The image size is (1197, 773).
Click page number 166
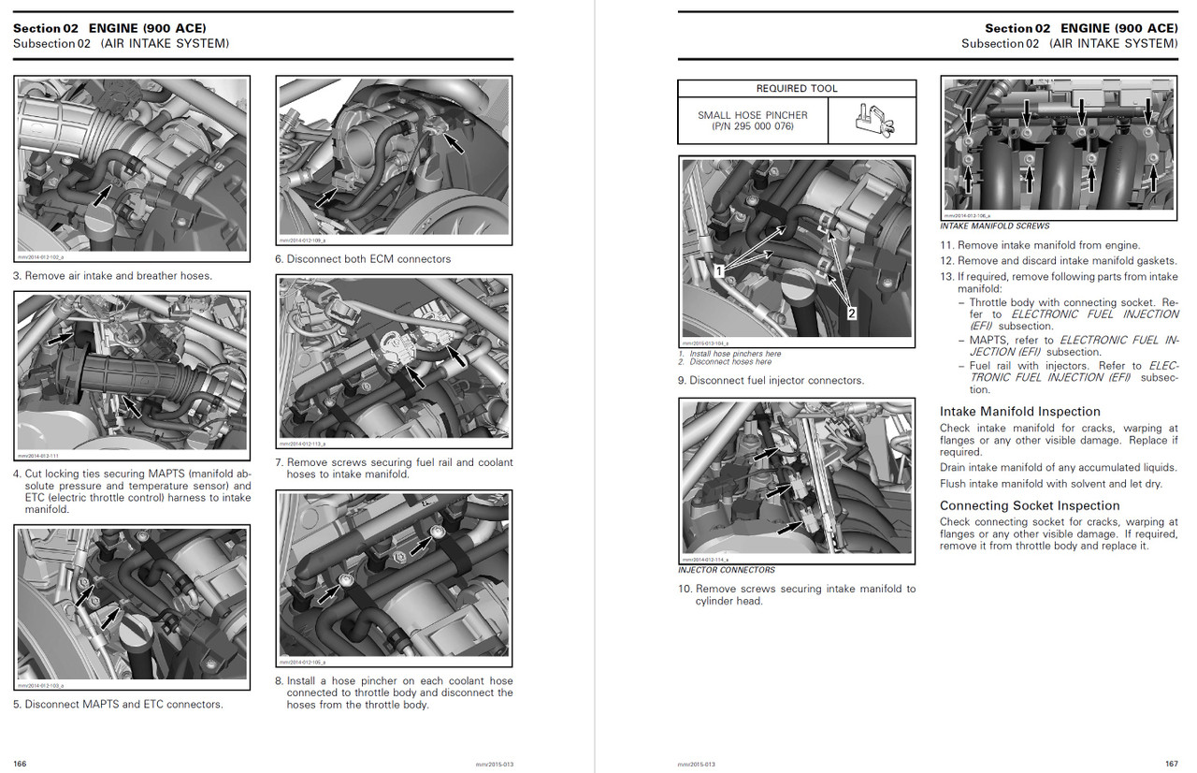20,764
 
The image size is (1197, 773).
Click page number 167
1171,764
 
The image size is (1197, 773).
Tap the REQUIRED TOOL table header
796,89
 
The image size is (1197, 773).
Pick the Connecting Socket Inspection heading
1029,505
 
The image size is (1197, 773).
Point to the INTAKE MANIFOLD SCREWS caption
994,226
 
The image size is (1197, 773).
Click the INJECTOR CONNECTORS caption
727,570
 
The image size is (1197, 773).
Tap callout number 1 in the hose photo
718,270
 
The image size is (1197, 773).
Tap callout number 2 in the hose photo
851,314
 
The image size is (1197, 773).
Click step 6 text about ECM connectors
363,259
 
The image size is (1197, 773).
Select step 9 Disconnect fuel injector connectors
772,381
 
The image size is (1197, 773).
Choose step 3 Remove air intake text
112,276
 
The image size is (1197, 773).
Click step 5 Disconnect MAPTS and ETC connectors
118,705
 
